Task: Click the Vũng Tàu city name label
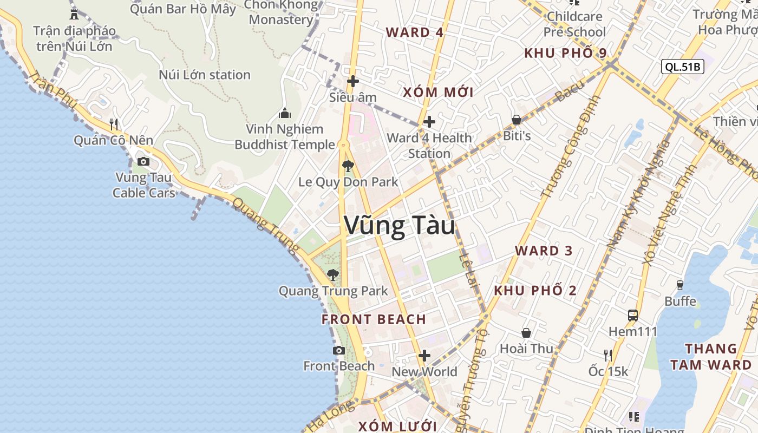pyautogui.click(x=400, y=226)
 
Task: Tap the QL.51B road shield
pyautogui.click(x=682, y=67)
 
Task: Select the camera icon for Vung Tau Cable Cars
pyautogui.click(x=143, y=161)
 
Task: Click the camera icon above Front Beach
pyautogui.click(x=339, y=351)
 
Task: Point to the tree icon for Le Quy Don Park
pyautogui.click(x=348, y=166)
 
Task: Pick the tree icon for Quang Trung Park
pyautogui.click(x=333, y=275)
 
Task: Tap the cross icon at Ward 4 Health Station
pyautogui.click(x=429, y=122)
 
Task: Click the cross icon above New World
pyautogui.click(x=424, y=356)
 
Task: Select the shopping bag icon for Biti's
pyautogui.click(x=517, y=120)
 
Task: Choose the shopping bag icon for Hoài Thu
pyautogui.click(x=526, y=333)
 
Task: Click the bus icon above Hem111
pyautogui.click(x=632, y=315)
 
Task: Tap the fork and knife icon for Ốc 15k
pyautogui.click(x=608, y=355)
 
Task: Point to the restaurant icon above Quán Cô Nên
pyautogui.click(x=114, y=124)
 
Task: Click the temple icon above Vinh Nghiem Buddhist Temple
pyautogui.click(x=284, y=113)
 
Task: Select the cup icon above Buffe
pyautogui.click(x=680, y=285)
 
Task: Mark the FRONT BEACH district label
pyautogui.click(x=374, y=319)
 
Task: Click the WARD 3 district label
pyautogui.click(x=544, y=251)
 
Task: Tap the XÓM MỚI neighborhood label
pyautogui.click(x=438, y=92)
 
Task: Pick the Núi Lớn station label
pyautogui.click(x=205, y=75)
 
